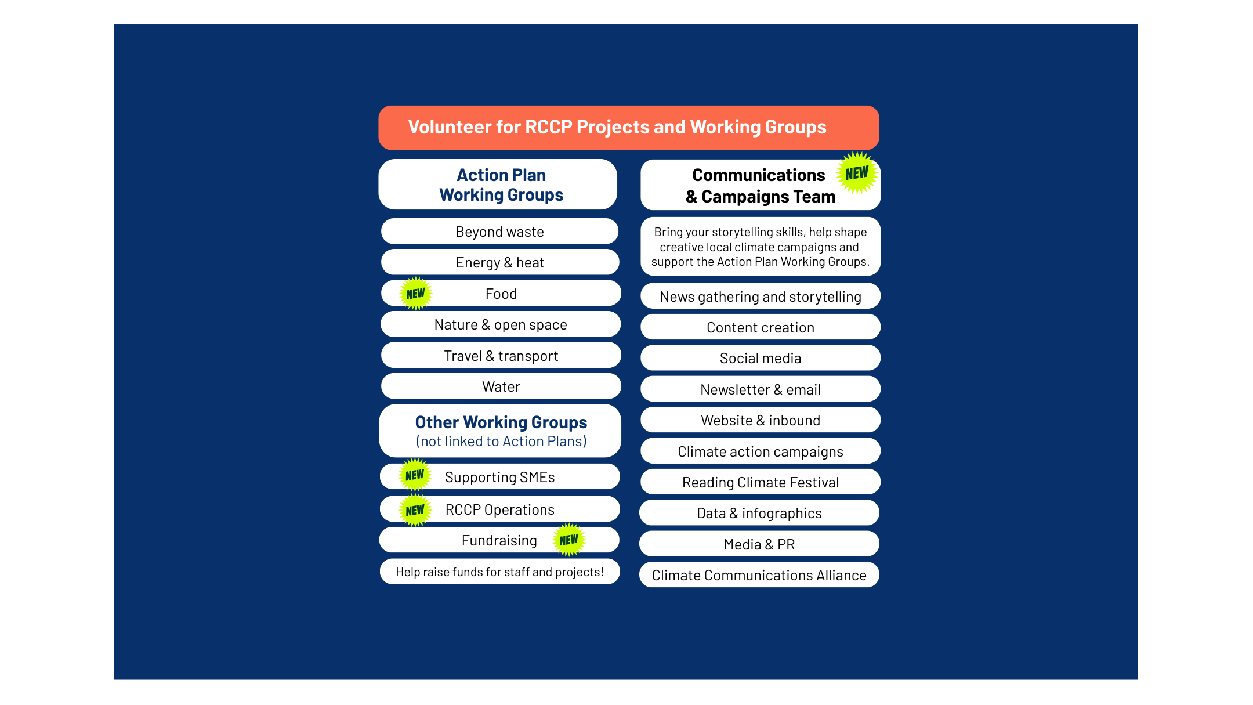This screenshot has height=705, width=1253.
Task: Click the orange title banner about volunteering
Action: tap(629, 128)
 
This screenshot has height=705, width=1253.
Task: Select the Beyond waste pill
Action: tap(500, 232)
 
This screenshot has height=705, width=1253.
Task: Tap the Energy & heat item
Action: tap(500, 262)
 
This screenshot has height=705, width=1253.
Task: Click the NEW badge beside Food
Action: tap(416, 294)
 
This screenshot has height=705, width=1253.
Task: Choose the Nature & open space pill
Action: tap(501, 324)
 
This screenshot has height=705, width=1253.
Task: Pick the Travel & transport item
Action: tap(501, 355)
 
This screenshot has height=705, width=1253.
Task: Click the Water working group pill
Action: tap(501, 386)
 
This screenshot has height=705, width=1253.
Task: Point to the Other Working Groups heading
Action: tap(500, 431)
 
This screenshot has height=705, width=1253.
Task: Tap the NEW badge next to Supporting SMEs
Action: tap(415, 475)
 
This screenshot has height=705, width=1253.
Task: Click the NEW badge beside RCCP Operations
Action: tap(415, 511)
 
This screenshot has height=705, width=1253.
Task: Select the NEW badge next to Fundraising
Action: tap(569, 540)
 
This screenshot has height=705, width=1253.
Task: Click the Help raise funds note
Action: tap(500, 572)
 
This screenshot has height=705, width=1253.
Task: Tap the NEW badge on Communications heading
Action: tap(857, 173)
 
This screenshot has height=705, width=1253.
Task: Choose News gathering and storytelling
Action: tap(761, 297)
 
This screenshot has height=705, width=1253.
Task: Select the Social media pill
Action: tap(761, 358)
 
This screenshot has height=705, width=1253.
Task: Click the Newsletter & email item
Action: tap(761, 389)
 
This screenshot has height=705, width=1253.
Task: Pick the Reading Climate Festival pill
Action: tap(761, 482)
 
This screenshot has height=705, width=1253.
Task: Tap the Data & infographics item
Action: tap(759, 513)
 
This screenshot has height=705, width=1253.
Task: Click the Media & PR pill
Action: tap(759, 544)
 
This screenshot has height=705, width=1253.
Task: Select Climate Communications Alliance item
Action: tap(759, 575)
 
